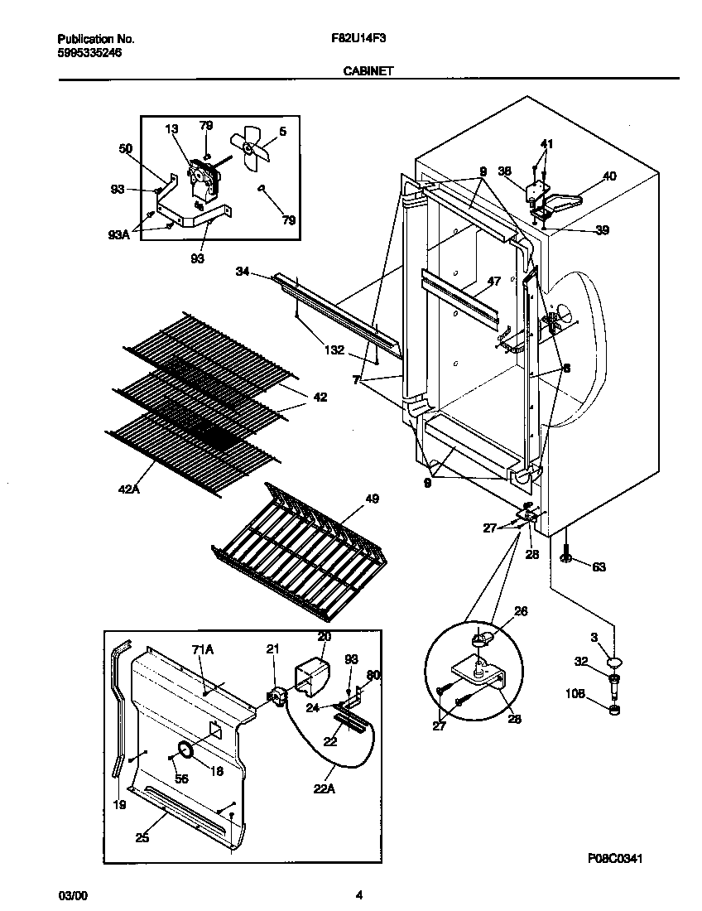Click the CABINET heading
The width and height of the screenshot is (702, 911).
368,71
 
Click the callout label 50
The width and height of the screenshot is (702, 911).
125,148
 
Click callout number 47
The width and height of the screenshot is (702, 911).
493,282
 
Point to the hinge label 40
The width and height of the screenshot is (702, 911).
608,176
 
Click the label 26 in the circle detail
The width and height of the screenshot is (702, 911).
521,612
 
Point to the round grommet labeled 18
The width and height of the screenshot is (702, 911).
185,751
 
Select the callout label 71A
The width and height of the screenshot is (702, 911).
203,652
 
